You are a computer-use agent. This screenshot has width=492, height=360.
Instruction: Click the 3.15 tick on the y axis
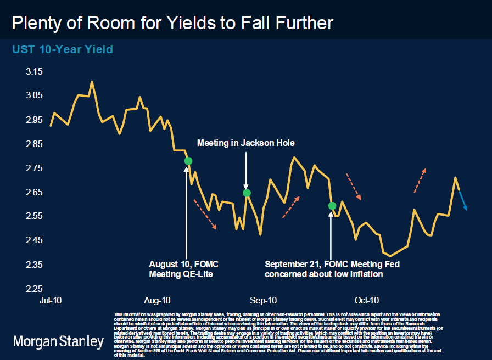[34, 71]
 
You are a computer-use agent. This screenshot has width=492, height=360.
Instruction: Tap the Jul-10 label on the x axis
[51, 300]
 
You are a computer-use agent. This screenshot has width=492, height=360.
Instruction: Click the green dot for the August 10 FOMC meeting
[188, 161]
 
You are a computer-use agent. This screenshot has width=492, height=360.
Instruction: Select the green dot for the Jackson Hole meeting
[247, 193]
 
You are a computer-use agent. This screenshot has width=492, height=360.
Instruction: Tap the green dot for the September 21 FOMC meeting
[332, 206]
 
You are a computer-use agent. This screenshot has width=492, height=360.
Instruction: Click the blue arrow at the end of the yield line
[463, 200]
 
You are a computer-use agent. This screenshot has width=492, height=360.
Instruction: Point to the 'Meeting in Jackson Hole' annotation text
[246, 143]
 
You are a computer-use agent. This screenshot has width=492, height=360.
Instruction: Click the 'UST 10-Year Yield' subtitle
[63, 49]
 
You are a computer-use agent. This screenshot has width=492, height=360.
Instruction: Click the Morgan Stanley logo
[58, 342]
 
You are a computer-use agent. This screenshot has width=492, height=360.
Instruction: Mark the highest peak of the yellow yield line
[92, 82]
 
